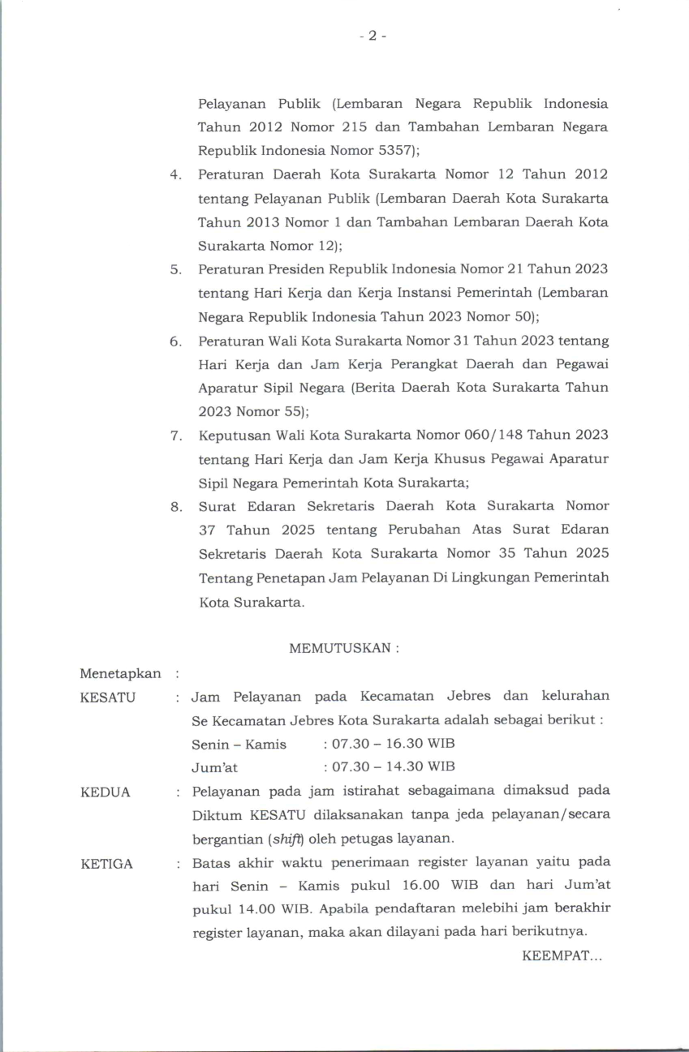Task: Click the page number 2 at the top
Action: pos(372,36)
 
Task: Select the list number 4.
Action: pos(174,175)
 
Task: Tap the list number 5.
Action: pos(174,269)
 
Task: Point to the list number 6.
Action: pos(174,341)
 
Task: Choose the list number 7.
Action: pos(174,436)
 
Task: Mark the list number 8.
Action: pos(174,507)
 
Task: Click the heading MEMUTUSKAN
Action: pos(340,648)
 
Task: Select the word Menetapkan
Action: pos(120,673)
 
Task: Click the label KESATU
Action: pos(108,697)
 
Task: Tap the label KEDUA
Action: pos(106,792)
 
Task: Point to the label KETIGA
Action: pos(107,863)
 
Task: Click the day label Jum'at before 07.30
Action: pos(214,767)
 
